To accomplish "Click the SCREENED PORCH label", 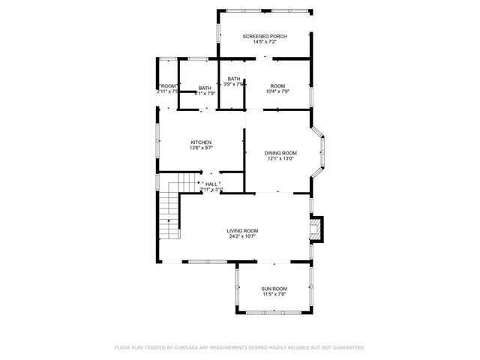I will pos(264,36).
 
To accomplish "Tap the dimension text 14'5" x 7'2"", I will pos(264,42).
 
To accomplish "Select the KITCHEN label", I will pos(200,142).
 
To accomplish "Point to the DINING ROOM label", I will pos(280,152).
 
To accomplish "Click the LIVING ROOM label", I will pos(243,230).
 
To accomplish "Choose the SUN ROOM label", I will pos(274,289).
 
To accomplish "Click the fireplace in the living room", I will pos(318,229).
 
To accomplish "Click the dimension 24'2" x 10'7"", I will pos(243,236).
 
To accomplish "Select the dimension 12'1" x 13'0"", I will pos(280,158).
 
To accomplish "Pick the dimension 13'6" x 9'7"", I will pos(200,148).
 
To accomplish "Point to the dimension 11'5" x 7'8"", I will pos(274,295).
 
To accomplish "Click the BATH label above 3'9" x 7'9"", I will pos(234,79).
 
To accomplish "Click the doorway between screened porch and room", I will pos(263,59).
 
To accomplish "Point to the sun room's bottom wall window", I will pos(274,311).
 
